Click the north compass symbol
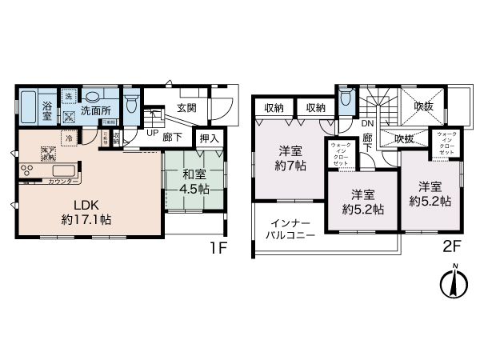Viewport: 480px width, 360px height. click(x=454, y=282)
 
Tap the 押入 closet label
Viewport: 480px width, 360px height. click(x=208, y=138)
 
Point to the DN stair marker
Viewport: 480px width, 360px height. click(x=366, y=125)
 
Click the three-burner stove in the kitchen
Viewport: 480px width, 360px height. click(x=26, y=170)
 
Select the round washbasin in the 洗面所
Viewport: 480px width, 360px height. click(x=95, y=94)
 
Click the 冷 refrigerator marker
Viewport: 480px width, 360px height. click(x=70, y=138)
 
